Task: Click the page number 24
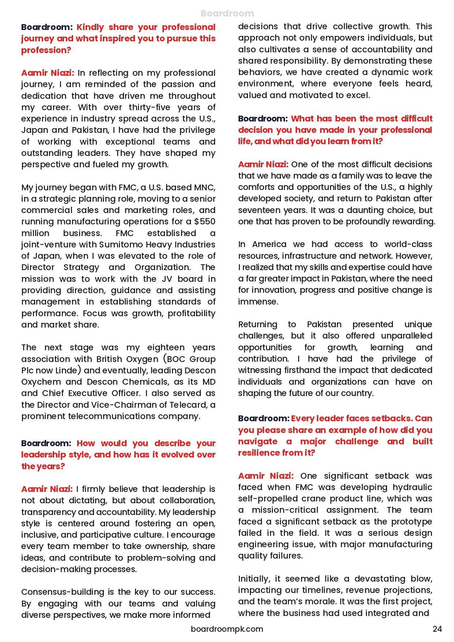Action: pyautogui.click(x=437, y=629)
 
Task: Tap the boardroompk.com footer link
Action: pyautogui.click(x=227, y=629)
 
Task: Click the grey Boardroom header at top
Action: pyautogui.click(x=227, y=14)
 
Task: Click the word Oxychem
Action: pyautogui.click(x=41, y=382)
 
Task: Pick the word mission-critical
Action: pyautogui.click(x=285, y=510)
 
